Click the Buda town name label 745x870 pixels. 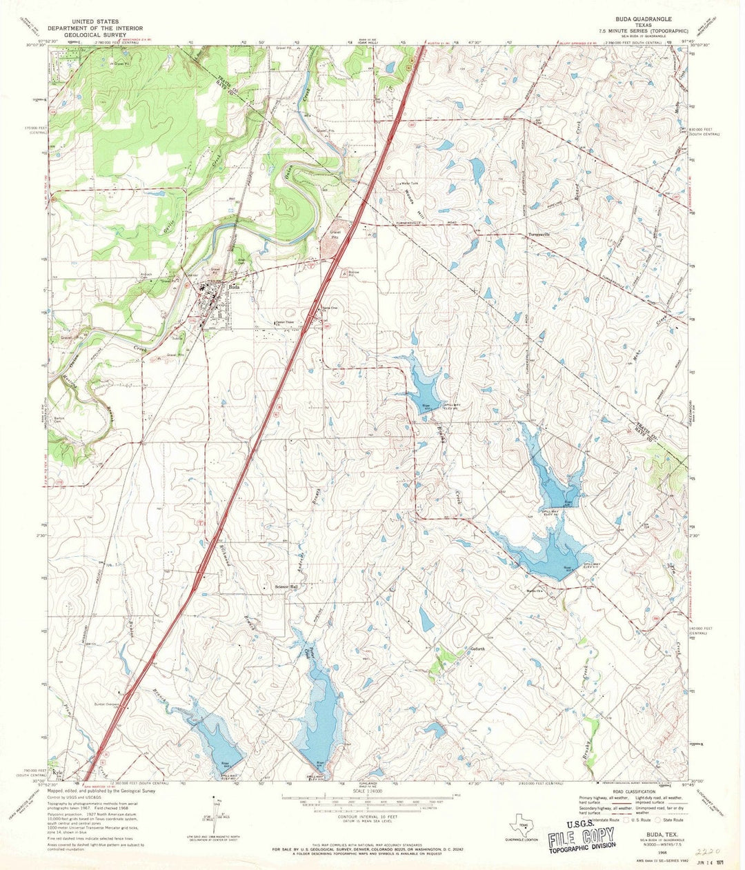(235, 288)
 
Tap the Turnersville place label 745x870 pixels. (542, 235)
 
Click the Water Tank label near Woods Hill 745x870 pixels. (401, 184)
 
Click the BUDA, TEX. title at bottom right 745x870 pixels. (660, 834)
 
